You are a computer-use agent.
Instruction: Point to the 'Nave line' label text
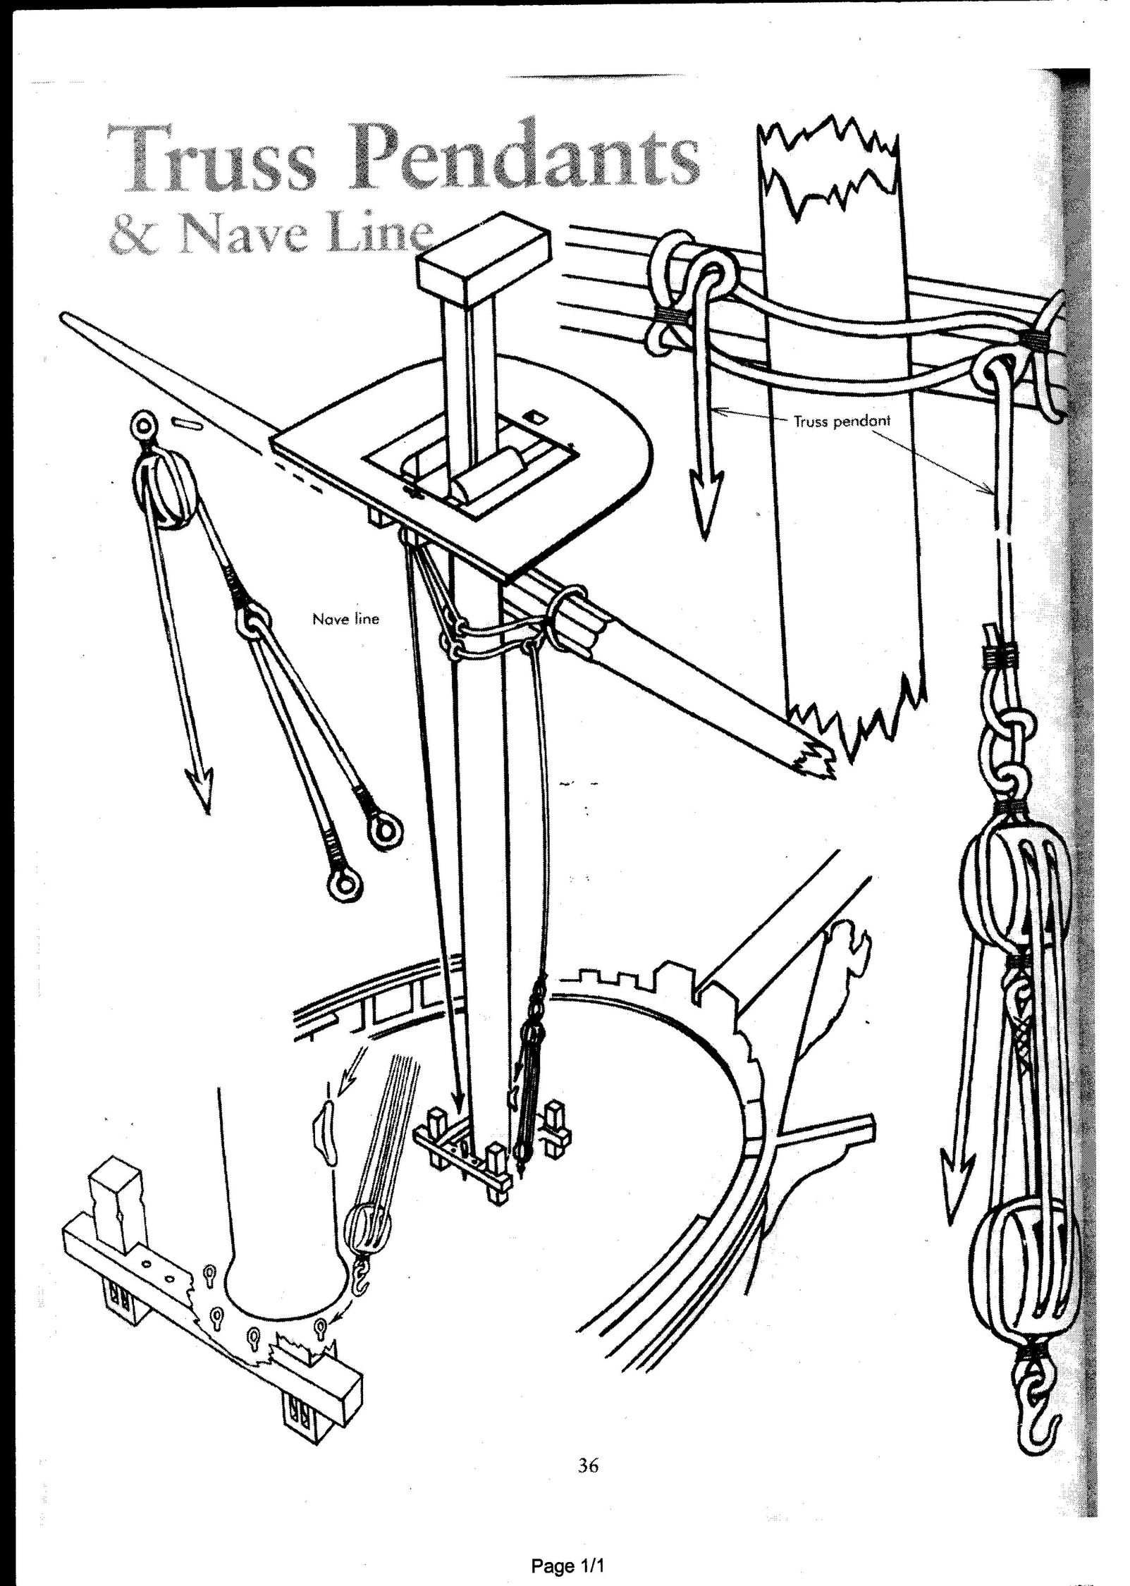pos(345,620)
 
